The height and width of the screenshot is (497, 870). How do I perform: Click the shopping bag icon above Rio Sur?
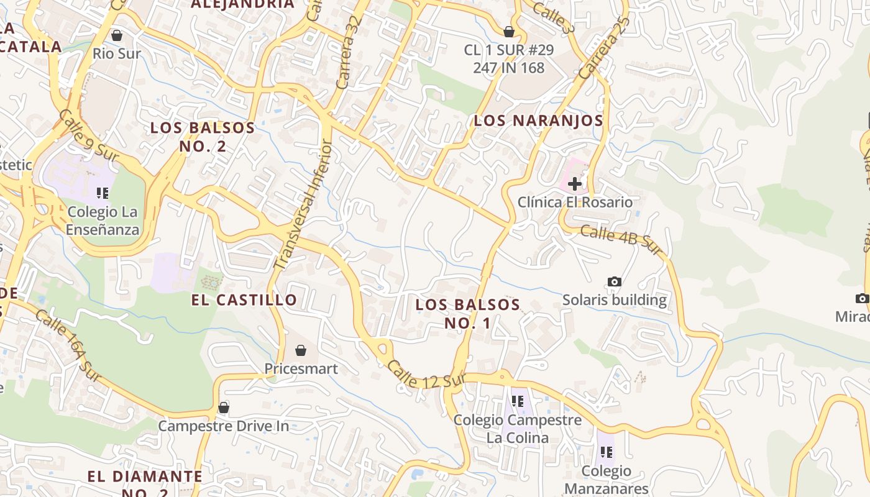pyautogui.click(x=116, y=35)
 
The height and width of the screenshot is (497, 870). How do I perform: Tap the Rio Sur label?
pyautogui.click(x=117, y=53)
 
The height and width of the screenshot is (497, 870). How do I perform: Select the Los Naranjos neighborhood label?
pyautogui.click(x=538, y=121)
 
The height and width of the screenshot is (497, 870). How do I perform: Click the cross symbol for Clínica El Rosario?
pyautogui.click(x=575, y=183)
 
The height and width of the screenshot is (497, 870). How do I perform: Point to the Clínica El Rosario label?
pyautogui.click(x=575, y=203)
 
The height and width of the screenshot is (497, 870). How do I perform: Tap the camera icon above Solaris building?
pyautogui.click(x=614, y=281)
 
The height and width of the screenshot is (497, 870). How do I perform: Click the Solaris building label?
pyautogui.click(x=614, y=300)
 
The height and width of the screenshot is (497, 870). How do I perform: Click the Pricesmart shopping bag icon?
pyautogui.click(x=301, y=350)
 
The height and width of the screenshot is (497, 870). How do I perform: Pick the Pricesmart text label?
pyautogui.click(x=301, y=369)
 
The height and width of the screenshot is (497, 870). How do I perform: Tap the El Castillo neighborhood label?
pyautogui.click(x=244, y=300)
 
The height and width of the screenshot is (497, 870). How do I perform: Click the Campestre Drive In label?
pyautogui.click(x=224, y=426)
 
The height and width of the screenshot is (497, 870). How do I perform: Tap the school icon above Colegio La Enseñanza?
pyautogui.click(x=103, y=193)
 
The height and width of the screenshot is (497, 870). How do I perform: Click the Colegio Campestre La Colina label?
pyautogui.click(x=518, y=429)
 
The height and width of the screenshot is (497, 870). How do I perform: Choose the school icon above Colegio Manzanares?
pyautogui.click(x=606, y=452)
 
